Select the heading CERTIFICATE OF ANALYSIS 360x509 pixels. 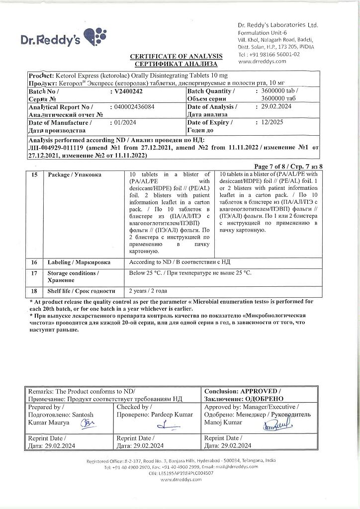point(176,56)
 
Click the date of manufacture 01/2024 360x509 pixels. point(123,122)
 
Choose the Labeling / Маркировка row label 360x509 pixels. point(79,262)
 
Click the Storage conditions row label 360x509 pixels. point(73,273)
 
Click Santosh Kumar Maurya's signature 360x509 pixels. point(87,423)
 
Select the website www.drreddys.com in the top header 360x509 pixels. point(262,61)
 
